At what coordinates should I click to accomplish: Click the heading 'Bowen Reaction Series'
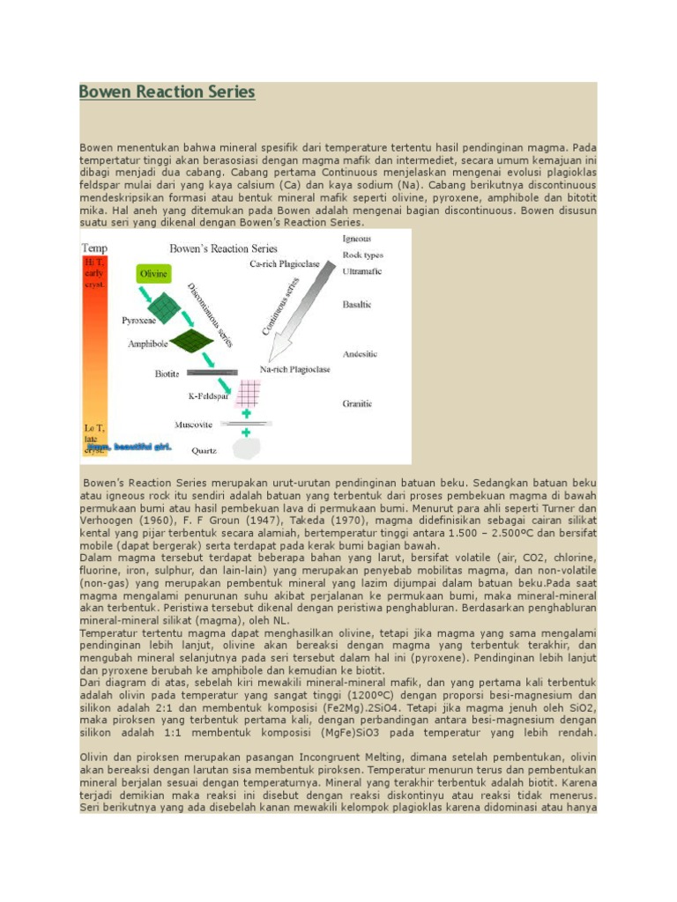point(167,92)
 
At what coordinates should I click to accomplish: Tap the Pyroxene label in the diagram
point(139,321)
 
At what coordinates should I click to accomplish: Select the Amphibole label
point(147,344)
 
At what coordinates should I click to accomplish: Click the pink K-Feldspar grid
point(248,391)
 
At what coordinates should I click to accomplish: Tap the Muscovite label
point(195,425)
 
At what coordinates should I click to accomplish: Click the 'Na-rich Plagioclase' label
point(295,370)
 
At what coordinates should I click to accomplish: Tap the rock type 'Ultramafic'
point(361,272)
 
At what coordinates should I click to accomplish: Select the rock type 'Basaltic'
point(357,304)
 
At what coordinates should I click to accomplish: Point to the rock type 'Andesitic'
point(359,353)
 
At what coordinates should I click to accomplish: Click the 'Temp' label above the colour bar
point(95,248)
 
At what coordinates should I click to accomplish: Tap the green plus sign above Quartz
point(246,432)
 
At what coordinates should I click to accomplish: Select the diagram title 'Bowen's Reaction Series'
point(223,248)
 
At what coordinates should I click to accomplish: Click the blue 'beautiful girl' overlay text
point(128,447)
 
